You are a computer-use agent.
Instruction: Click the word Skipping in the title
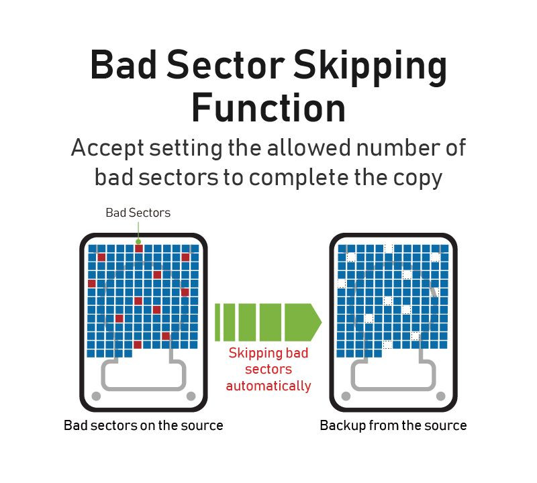pyautogui.click(x=371, y=68)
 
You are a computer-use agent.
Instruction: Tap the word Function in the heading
pyautogui.click(x=268, y=107)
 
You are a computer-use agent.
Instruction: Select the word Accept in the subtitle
pyautogui.click(x=107, y=149)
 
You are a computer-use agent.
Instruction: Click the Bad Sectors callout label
pyautogui.click(x=138, y=213)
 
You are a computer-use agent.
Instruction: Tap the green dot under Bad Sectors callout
pyautogui.click(x=138, y=241)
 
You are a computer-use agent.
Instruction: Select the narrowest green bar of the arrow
pyautogui.click(x=217, y=322)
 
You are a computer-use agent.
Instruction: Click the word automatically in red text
pyautogui.click(x=268, y=386)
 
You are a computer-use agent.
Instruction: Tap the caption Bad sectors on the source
pyautogui.click(x=144, y=425)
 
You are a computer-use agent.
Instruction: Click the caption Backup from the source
pyautogui.click(x=393, y=426)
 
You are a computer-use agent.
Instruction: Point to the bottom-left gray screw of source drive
pyautogui.click(x=96, y=396)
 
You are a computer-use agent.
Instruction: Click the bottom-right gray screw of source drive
pyautogui.click(x=191, y=396)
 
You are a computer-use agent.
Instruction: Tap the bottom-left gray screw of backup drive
pyautogui.click(x=346, y=396)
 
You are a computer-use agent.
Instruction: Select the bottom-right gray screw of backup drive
pyautogui.click(x=441, y=396)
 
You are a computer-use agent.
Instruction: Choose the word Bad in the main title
pyautogui.click(x=124, y=64)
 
